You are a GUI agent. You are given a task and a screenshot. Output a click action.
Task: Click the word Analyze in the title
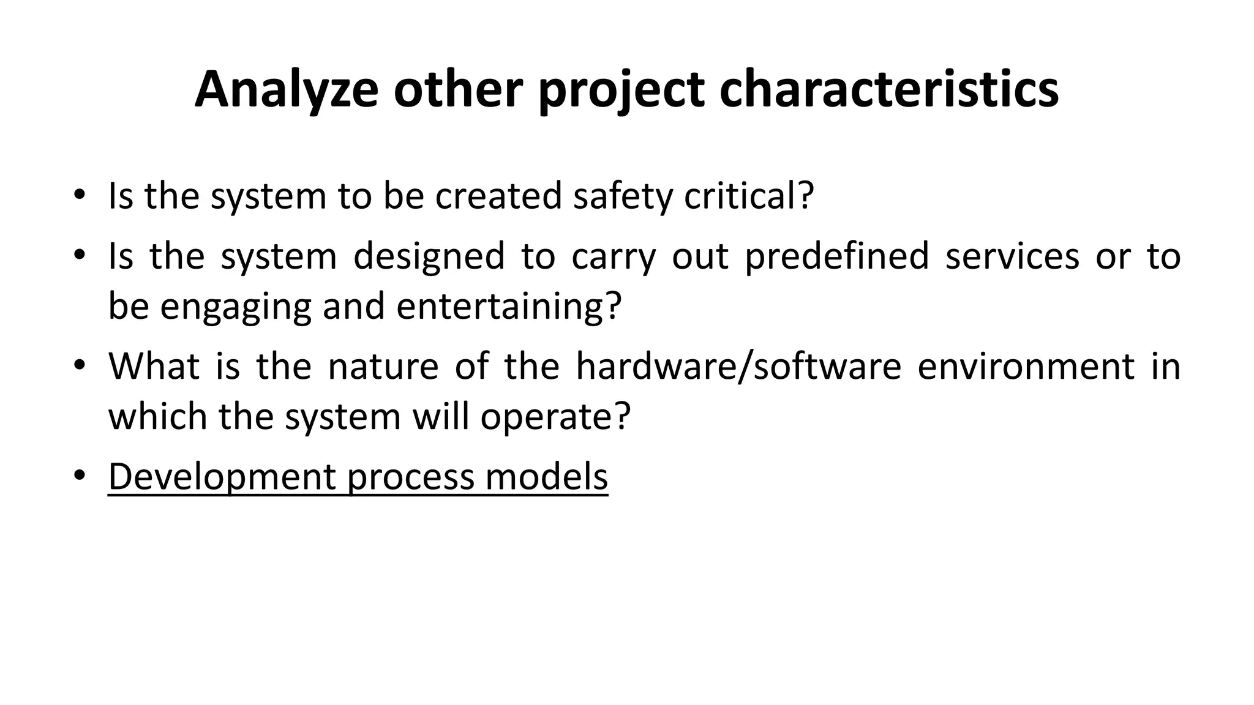pyautogui.click(x=286, y=90)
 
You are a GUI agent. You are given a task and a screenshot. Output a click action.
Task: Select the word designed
pyautogui.click(x=429, y=256)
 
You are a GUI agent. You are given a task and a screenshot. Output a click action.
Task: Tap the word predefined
pyautogui.click(x=837, y=256)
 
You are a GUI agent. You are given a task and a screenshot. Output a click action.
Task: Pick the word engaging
pyautogui.click(x=236, y=306)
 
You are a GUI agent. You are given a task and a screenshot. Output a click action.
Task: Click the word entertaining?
pyautogui.click(x=509, y=306)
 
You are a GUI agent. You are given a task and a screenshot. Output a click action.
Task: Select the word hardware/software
pyautogui.click(x=738, y=366)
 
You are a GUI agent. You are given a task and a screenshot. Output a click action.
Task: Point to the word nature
pyautogui.click(x=383, y=366)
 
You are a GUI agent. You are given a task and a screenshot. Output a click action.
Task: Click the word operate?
pyautogui.click(x=555, y=417)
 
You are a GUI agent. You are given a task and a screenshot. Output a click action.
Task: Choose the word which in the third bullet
pyautogui.click(x=157, y=417)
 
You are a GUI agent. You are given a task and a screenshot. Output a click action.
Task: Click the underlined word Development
pyautogui.click(x=222, y=477)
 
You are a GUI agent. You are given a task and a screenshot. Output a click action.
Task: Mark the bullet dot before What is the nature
pyautogui.click(x=79, y=365)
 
